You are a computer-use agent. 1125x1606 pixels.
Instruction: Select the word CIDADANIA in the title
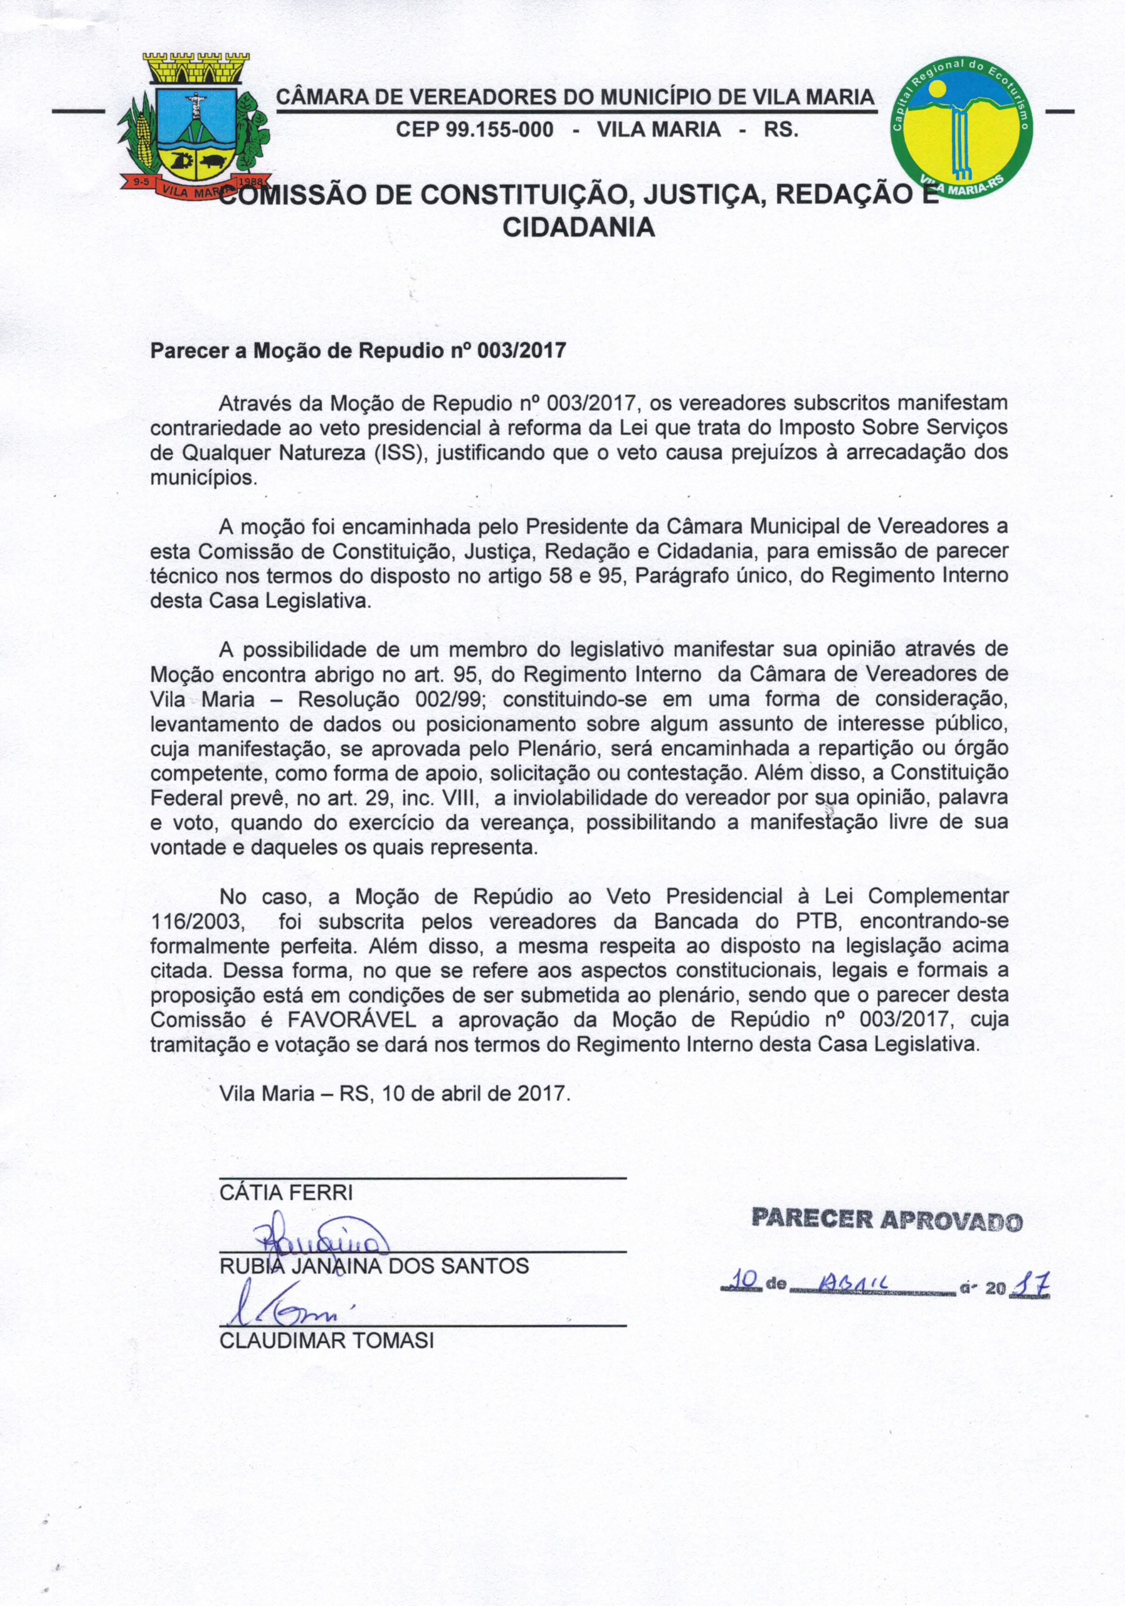(579, 228)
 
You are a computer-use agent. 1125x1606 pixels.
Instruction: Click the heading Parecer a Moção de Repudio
(358, 350)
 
